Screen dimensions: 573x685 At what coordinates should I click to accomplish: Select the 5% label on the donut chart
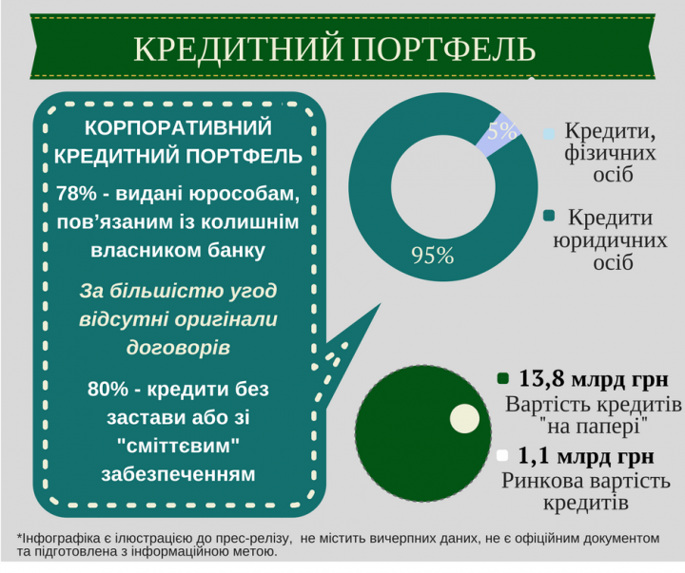[502, 132]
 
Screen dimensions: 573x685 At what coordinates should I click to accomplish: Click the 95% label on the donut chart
[432, 255]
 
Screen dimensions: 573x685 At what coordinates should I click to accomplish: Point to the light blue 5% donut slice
[496, 136]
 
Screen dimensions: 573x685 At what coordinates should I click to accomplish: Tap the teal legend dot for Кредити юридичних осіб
[549, 220]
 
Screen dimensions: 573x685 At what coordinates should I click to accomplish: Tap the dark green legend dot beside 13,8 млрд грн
[503, 380]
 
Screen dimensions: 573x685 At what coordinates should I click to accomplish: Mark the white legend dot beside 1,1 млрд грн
[503, 454]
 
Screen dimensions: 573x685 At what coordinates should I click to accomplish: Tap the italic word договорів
[178, 347]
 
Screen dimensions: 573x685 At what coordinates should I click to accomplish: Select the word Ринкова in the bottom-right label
[542, 479]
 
